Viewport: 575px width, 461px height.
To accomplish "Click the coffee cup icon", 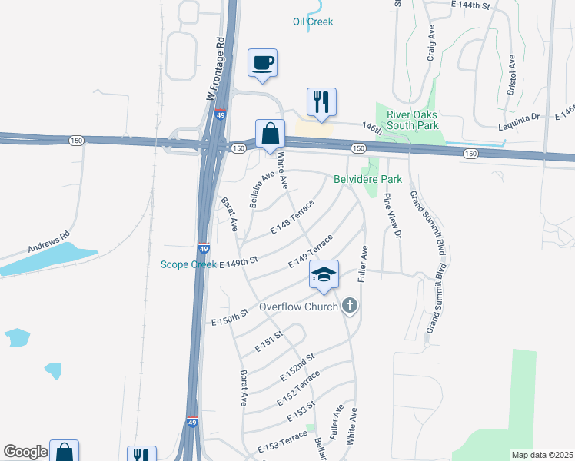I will (x=262, y=62).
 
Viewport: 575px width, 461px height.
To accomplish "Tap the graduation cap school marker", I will (x=324, y=274).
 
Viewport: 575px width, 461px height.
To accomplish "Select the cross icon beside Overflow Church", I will (x=350, y=307).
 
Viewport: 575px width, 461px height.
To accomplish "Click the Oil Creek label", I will (x=313, y=22).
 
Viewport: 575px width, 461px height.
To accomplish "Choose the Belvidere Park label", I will (x=368, y=179).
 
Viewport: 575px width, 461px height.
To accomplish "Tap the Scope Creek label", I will (x=188, y=265).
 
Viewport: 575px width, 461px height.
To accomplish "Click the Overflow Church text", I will (x=298, y=307).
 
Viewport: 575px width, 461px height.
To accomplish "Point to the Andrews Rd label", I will (x=48, y=243).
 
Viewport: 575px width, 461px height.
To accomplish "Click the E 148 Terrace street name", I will (x=292, y=218).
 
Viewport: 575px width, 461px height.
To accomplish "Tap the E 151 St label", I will (x=269, y=343).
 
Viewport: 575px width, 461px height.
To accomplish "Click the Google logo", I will (x=25, y=452).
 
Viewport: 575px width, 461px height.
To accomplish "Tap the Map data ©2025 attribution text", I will (x=542, y=455).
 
